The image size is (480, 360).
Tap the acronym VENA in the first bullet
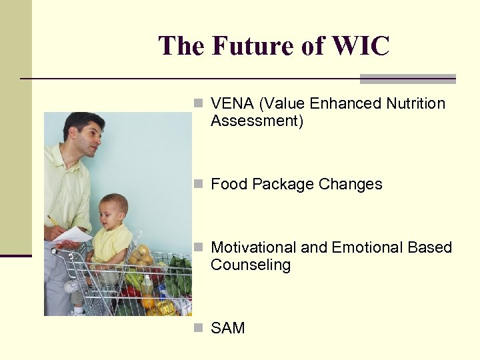coord(233,104)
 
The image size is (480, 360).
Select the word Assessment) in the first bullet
coord(257,121)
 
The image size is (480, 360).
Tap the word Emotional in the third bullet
coord(363,248)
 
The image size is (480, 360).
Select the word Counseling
coord(251,265)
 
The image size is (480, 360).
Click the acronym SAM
coord(228,328)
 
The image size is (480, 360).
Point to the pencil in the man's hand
coord(52,221)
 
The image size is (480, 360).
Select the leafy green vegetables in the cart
coord(179,273)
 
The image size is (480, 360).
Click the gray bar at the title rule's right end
coord(407,79)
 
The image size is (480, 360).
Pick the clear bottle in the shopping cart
coord(147,287)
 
